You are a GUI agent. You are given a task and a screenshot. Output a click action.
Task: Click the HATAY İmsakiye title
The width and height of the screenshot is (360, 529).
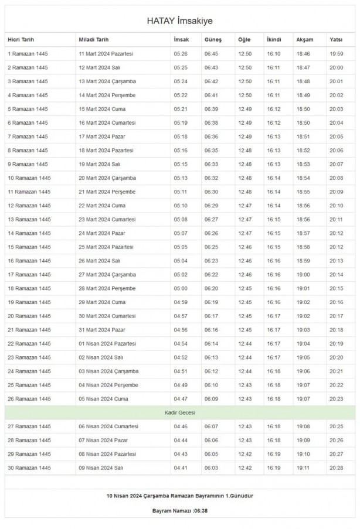[x=179, y=21]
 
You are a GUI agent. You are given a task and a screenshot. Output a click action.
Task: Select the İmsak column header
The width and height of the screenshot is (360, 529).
[x=181, y=40]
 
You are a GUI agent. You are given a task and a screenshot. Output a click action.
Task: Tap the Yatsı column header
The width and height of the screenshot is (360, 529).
[x=336, y=40]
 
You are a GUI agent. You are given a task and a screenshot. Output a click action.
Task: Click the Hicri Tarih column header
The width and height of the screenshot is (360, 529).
[x=21, y=40]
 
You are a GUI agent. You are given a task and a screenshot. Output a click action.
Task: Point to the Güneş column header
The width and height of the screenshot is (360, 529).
[x=213, y=40]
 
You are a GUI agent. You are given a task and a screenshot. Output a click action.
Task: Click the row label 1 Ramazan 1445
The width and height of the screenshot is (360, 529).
[x=28, y=54]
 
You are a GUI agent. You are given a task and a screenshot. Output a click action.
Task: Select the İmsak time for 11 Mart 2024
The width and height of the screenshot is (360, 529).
[x=181, y=54]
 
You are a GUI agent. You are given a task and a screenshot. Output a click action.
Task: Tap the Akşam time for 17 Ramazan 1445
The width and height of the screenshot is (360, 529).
[x=304, y=275]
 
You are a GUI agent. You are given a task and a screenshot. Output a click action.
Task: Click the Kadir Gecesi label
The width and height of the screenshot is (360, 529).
[x=179, y=412]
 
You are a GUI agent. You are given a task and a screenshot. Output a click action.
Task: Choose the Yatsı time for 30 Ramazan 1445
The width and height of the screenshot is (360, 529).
[x=337, y=467]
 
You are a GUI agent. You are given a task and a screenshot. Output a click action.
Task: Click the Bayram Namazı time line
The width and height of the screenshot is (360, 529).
[x=179, y=511]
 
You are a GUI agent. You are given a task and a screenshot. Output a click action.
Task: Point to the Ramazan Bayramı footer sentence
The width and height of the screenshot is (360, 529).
[x=179, y=495]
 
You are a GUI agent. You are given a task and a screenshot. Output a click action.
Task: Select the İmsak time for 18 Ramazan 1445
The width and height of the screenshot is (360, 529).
[x=181, y=288]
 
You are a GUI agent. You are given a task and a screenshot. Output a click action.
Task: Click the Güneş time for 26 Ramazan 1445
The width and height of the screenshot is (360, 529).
[x=210, y=399]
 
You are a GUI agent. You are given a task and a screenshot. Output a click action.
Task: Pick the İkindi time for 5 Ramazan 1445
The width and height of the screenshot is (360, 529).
[x=274, y=109]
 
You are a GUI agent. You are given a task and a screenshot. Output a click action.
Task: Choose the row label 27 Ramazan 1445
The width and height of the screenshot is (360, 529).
[x=29, y=426]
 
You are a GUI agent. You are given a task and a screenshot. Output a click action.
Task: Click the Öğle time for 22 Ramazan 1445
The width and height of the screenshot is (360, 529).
[x=244, y=344]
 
